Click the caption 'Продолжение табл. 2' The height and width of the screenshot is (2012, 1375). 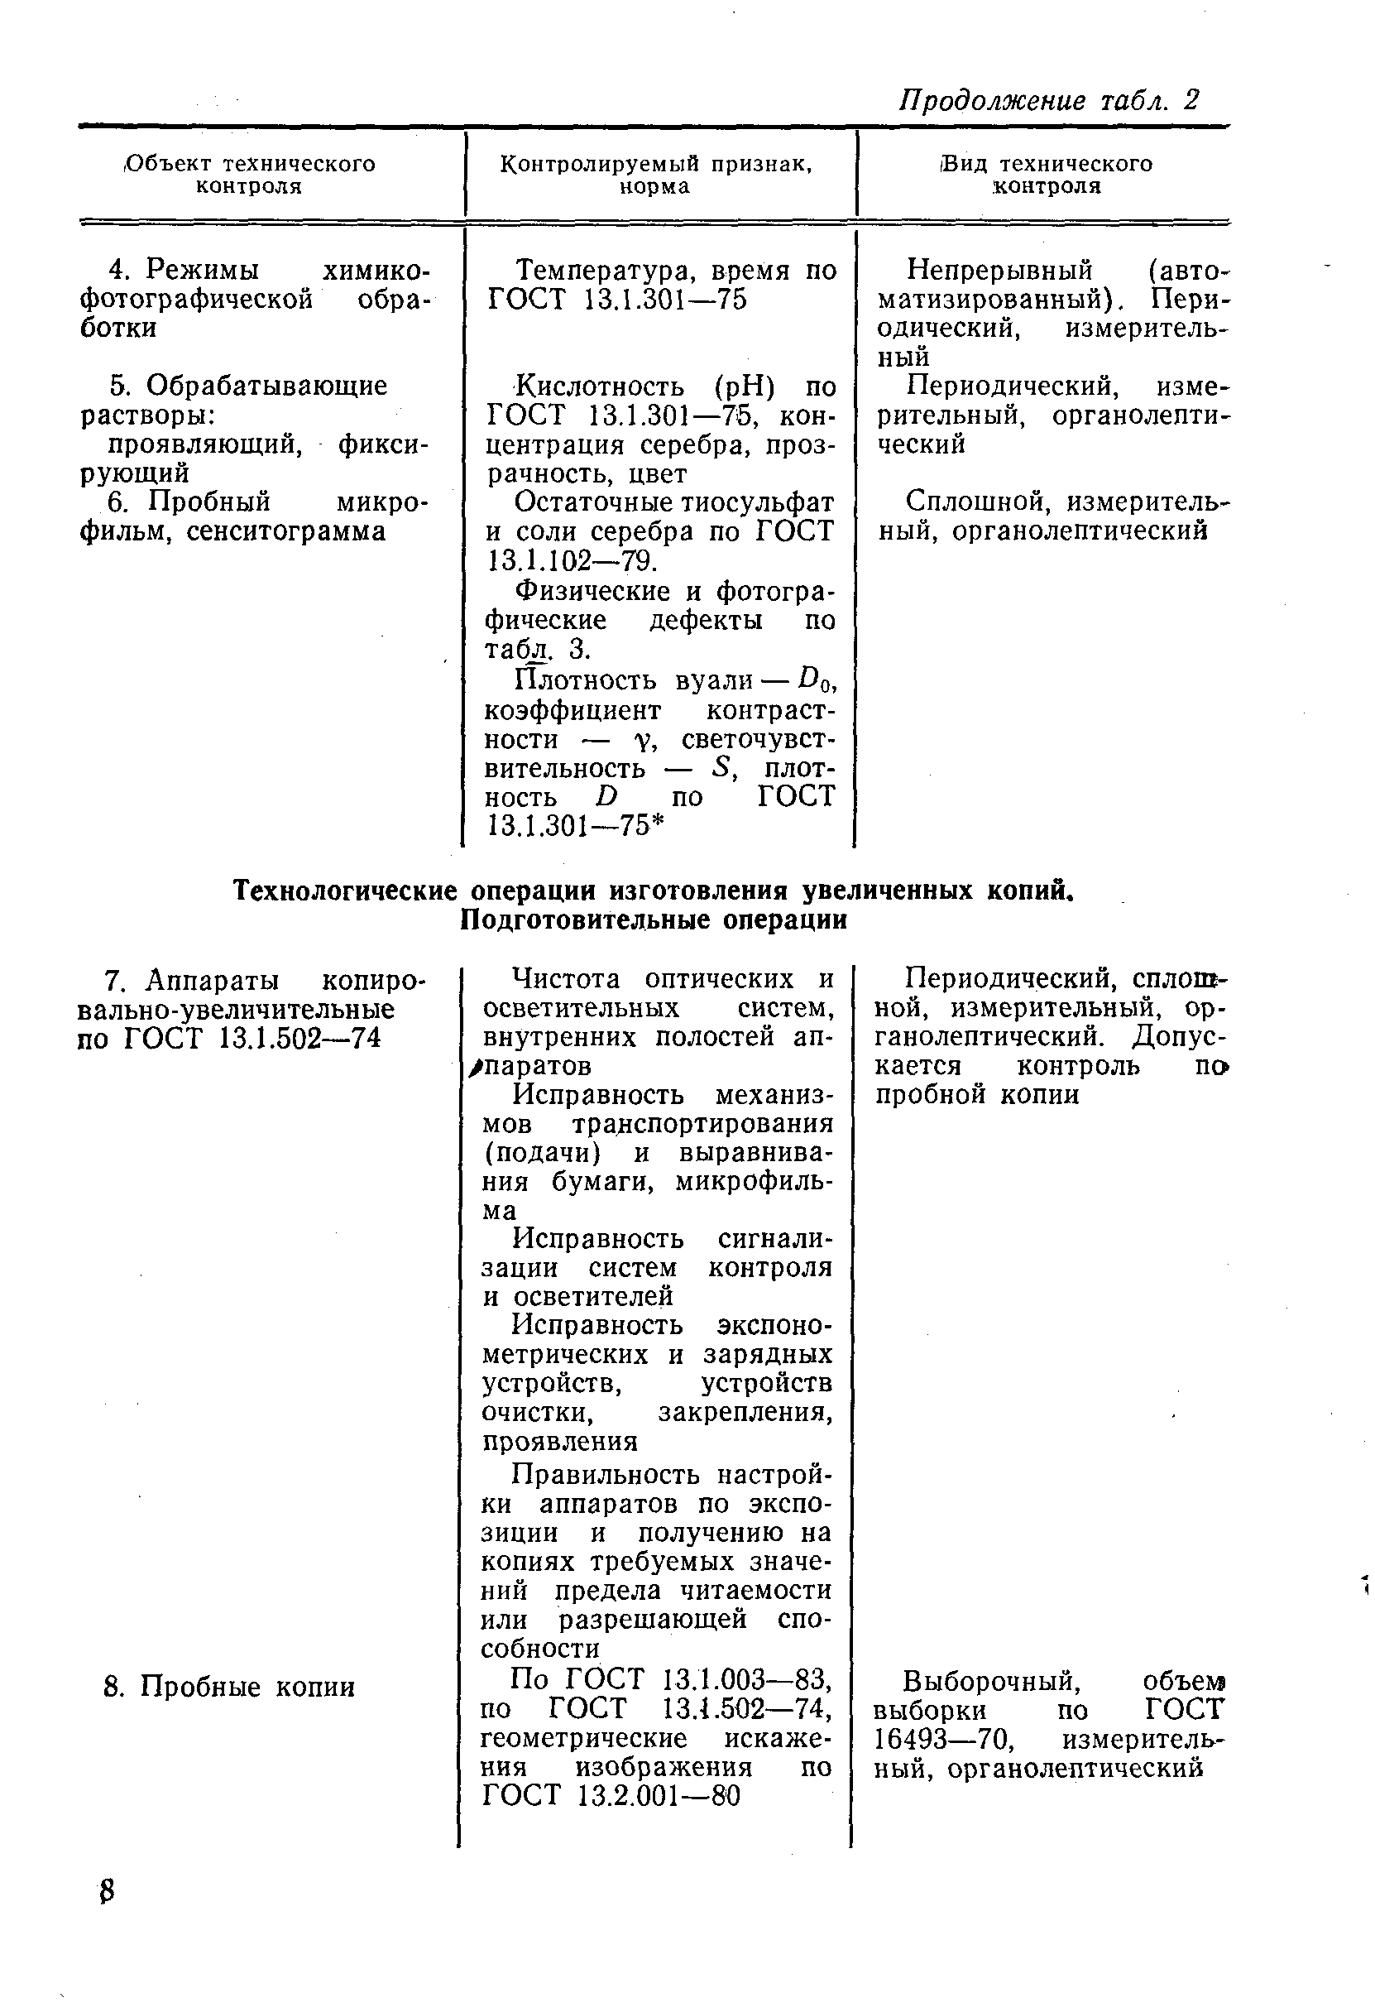(1049, 100)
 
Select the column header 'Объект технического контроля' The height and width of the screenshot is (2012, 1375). (249, 175)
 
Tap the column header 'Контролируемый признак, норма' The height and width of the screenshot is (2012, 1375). (655, 175)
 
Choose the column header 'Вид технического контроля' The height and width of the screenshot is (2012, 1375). (1047, 175)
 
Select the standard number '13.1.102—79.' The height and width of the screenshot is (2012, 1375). (571, 562)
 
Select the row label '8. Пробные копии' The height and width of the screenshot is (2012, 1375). (229, 1687)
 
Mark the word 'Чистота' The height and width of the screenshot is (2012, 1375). (566, 979)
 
